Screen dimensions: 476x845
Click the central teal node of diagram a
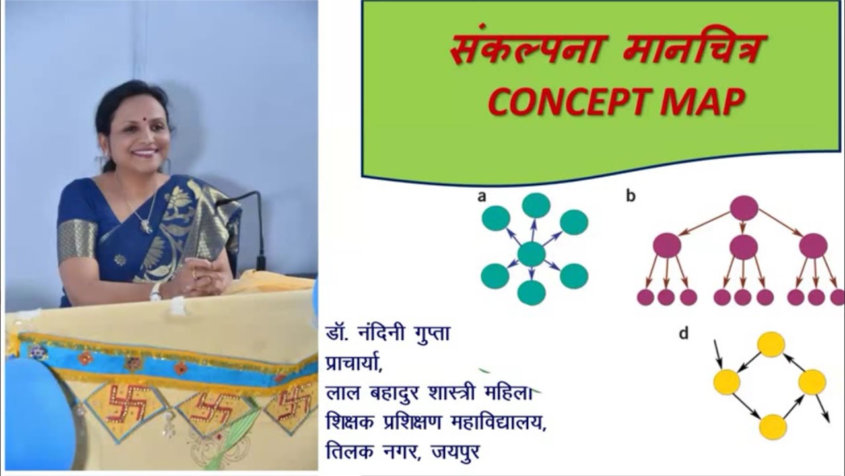tap(531, 255)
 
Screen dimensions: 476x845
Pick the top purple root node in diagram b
tap(744, 208)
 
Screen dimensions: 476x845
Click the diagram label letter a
tap(482, 196)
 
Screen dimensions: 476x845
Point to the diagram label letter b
tap(631, 196)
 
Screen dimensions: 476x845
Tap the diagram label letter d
tap(683, 334)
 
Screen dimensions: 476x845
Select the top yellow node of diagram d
tap(770, 344)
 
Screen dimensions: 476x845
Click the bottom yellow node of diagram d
tap(772, 426)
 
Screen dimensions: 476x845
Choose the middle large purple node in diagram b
tap(744, 247)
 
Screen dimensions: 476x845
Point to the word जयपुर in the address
tap(455, 452)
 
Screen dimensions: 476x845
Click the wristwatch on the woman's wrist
tap(156, 292)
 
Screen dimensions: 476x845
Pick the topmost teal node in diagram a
tap(536, 206)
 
